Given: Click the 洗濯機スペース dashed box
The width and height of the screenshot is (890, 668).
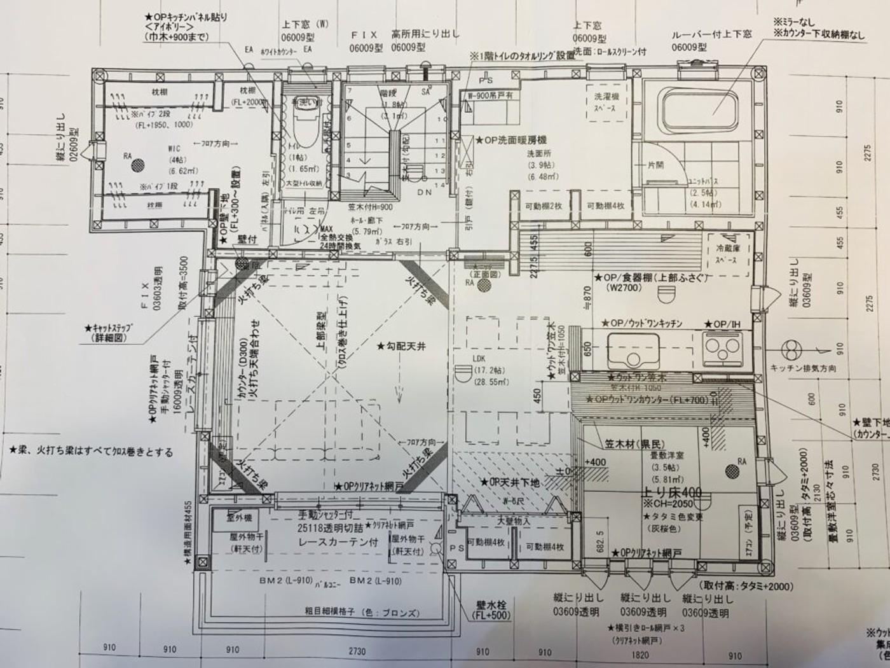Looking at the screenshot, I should (605, 102).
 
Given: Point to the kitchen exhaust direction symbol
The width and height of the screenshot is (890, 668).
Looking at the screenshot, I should (792, 351).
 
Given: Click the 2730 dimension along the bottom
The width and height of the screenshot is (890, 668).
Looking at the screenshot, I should (357, 651).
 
